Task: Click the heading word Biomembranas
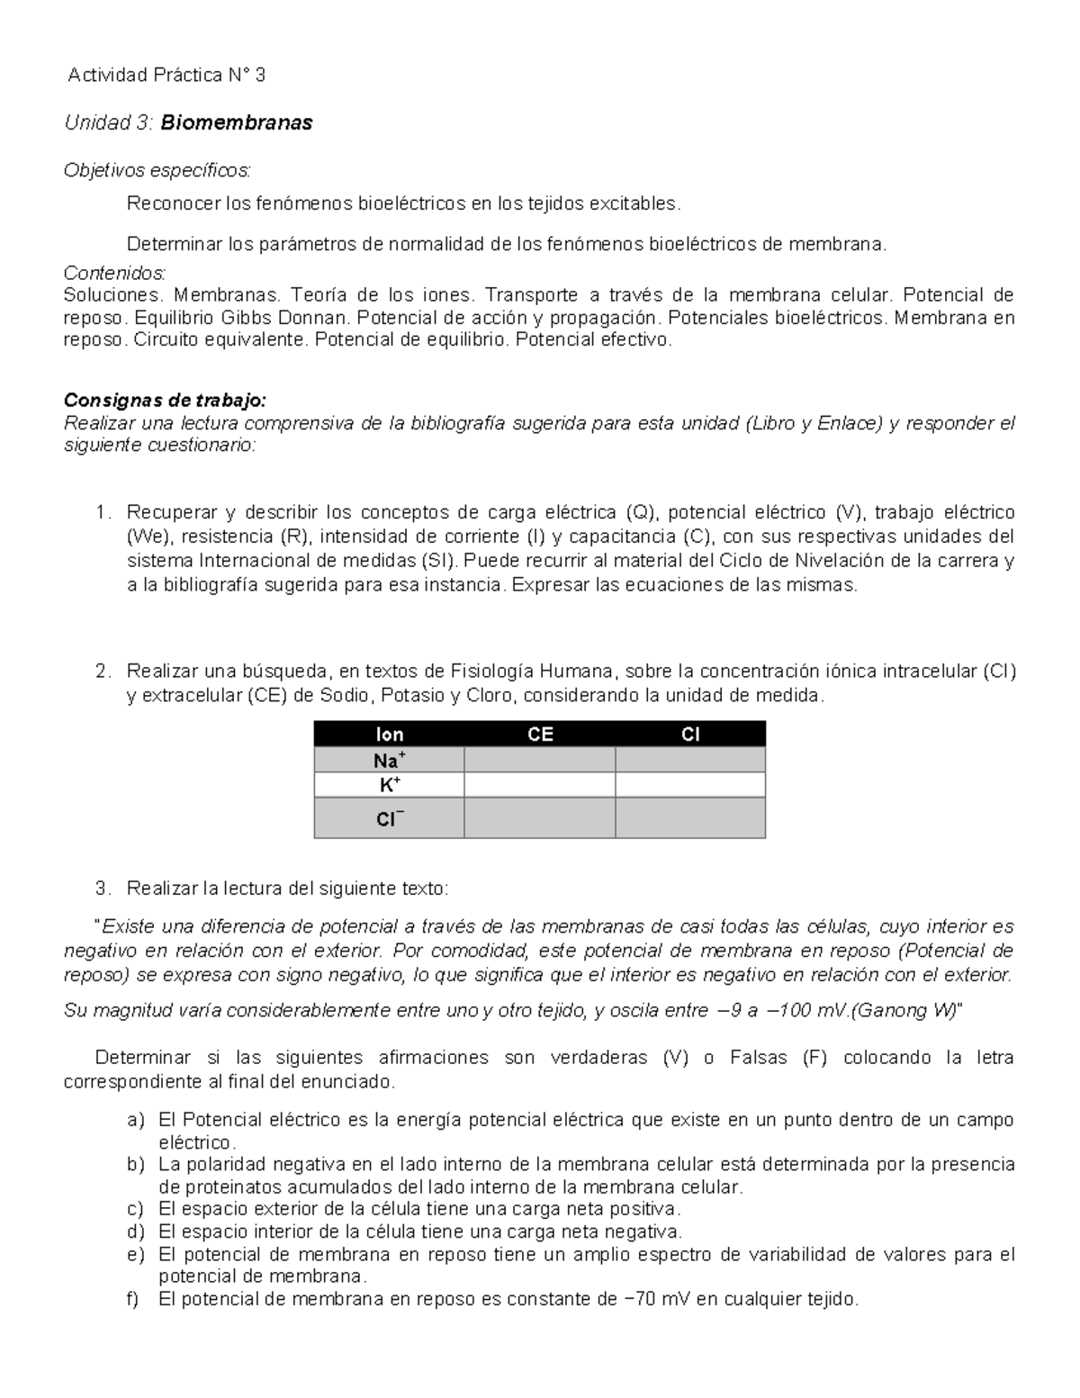pos(237,123)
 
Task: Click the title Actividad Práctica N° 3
pos(167,76)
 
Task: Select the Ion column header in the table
pos(389,735)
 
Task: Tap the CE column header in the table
pos(540,735)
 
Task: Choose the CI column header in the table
pos(690,735)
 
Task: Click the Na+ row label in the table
pos(389,761)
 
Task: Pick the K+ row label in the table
pos(389,785)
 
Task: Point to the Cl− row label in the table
pos(389,819)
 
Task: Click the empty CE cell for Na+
pos(540,761)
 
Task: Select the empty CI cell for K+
pos(690,785)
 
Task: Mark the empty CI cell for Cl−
pos(690,819)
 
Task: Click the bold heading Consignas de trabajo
pos(166,400)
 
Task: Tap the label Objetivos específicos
pos(158,170)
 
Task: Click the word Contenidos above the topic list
pos(115,273)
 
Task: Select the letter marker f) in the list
pos(135,1299)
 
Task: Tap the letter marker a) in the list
pos(135,1121)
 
